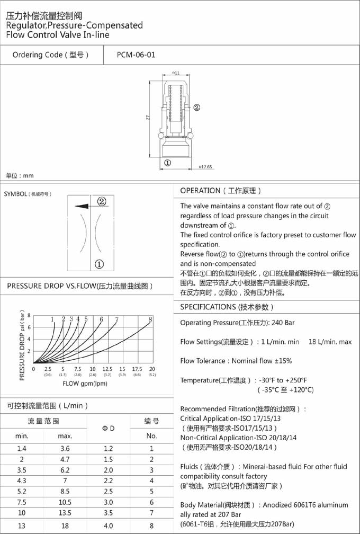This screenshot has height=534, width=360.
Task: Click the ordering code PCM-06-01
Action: coord(136,55)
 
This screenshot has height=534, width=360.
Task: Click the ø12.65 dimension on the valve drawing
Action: coord(205,167)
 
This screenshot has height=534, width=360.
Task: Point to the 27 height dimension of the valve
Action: coord(149,118)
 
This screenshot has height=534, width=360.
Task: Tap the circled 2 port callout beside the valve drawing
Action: coord(196,107)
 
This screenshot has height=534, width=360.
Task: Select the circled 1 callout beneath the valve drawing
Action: coord(168,163)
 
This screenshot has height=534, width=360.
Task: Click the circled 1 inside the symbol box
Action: coord(99,264)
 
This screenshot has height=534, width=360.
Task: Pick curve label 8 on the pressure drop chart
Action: coord(150,319)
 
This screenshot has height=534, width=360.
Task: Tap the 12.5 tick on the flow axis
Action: coord(107,369)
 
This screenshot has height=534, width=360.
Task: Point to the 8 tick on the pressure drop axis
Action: coord(29,315)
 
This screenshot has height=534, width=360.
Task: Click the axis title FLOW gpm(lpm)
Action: coord(86,383)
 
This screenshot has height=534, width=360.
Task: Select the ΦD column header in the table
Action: coord(108,428)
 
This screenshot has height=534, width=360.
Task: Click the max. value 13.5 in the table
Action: coord(65,513)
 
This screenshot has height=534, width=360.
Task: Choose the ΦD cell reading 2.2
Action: coord(108,480)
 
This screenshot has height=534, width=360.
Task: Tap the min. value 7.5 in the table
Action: coord(22,502)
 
